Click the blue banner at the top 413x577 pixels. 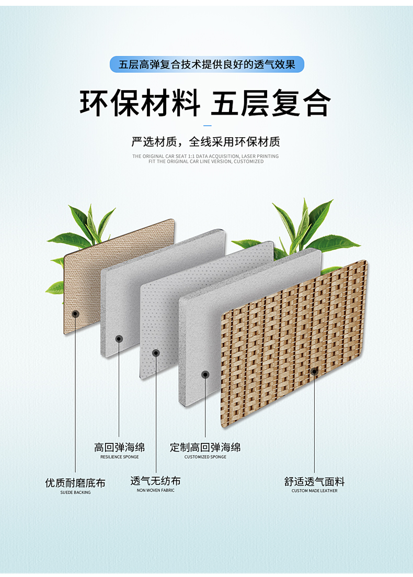[206, 64]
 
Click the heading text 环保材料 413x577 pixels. [140, 103]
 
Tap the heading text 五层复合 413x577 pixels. [271, 103]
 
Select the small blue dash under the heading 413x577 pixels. [207, 126]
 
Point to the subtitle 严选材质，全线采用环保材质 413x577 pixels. [206, 142]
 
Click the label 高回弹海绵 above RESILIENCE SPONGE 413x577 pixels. [119, 448]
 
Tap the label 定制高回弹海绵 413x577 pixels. [205, 448]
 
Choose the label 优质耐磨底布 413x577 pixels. [75, 483]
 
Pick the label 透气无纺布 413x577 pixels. [155, 481]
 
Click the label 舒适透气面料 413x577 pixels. [314, 482]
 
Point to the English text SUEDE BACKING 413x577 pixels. [75, 493]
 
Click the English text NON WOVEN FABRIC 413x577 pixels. [156, 491]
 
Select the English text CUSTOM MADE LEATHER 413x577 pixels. [314, 491]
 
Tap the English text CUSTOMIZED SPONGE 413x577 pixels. [205, 457]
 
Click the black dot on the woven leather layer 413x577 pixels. [314, 372]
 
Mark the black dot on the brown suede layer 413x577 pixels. [76, 314]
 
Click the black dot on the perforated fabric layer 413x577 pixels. [156, 353]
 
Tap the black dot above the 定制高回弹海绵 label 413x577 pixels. [205, 375]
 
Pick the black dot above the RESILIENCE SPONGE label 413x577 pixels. [119, 339]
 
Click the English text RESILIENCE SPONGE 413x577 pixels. [119, 457]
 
